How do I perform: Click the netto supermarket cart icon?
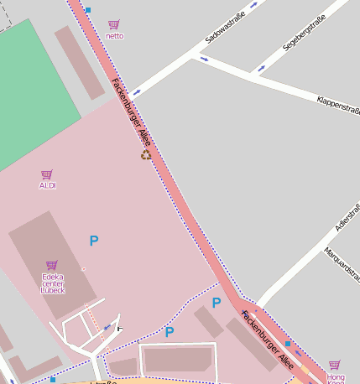click(114, 24)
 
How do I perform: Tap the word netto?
click(115, 36)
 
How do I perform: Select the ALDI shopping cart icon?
click(47, 174)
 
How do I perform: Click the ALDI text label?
click(48, 185)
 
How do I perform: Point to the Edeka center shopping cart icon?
click(52, 265)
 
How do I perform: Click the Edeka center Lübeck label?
click(52, 283)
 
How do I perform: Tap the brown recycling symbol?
click(147, 154)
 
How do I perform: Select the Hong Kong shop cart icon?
click(335, 365)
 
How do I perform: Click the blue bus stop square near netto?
click(88, 11)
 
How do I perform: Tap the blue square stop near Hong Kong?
click(287, 344)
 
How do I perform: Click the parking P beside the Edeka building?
click(94, 241)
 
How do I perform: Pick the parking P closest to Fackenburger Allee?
click(217, 303)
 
